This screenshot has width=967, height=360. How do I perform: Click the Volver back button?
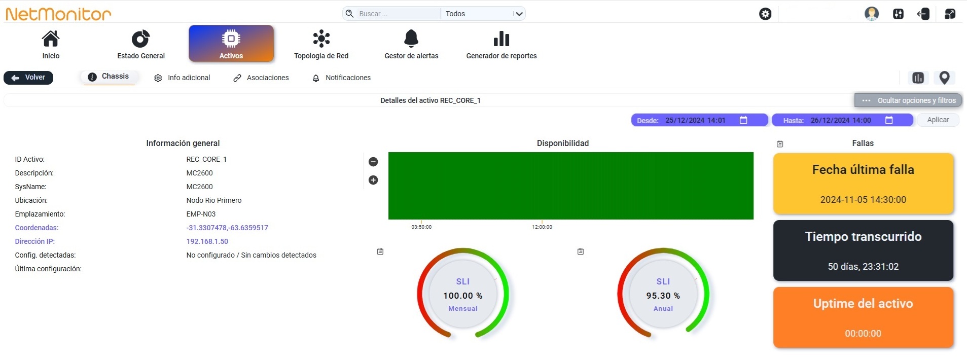28,78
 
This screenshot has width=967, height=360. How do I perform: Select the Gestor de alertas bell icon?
411,38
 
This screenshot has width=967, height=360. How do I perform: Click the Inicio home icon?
51,38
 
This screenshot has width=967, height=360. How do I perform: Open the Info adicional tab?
182,78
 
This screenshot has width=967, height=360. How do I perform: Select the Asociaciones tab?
261,78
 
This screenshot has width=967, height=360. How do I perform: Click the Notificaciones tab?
341,78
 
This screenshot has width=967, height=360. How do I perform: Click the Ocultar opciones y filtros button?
908,100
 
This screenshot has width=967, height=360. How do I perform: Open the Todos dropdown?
483,14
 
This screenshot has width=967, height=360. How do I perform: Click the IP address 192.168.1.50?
207,241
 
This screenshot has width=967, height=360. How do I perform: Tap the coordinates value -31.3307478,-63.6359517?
227,228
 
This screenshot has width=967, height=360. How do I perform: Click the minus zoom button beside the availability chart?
373,162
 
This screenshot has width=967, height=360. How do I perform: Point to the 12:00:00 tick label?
542,227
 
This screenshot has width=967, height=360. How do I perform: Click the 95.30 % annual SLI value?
663,296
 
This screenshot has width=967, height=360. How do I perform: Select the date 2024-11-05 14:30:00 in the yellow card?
863,200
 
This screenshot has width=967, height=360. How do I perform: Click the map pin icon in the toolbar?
944,78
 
